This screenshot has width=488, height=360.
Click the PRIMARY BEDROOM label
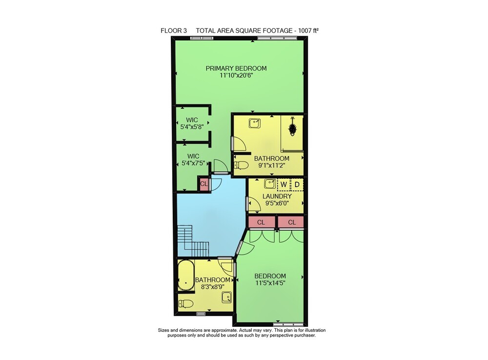(x=236, y=68)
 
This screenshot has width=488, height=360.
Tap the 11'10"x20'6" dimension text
(x=236, y=75)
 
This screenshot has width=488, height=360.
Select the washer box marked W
(x=284, y=184)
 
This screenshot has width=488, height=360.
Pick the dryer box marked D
(x=297, y=184)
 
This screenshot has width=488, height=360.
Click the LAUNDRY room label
(x=277, y=196)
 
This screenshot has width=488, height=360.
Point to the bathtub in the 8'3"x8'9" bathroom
(x=186, y=275)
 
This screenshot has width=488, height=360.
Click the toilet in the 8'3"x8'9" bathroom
(x=186, y=303)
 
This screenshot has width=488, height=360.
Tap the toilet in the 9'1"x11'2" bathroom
(x=241, y=165)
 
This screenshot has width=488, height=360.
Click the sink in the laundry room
(x=270, y=184)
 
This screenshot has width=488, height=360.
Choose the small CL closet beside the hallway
(x=204, y=184)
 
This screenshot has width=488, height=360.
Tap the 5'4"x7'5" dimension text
(x=193, y=163)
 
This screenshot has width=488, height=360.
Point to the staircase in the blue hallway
(x=193, y=241)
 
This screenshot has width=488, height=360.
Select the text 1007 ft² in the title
(x=308, y=30)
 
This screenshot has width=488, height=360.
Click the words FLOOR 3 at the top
(x=174, y=30)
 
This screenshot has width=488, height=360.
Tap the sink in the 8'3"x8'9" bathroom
(x=226, y=297)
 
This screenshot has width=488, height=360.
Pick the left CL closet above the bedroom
(x=262, y=222)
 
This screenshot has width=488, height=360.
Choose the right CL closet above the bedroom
(x=291, y=222)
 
